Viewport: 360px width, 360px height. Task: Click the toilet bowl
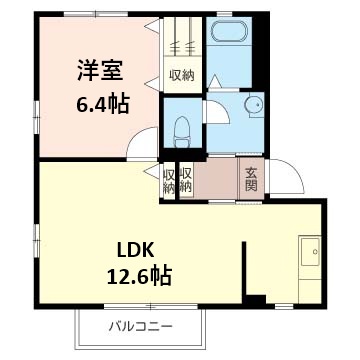click(x=182, y=127)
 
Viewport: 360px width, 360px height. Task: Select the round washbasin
click(x=252, y=104)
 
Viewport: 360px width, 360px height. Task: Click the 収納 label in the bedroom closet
click(x=181, y=75)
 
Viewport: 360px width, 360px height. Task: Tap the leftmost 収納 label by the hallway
click(x=169, y=179)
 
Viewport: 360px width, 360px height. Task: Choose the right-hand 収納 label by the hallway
click(x=185, y=179)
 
